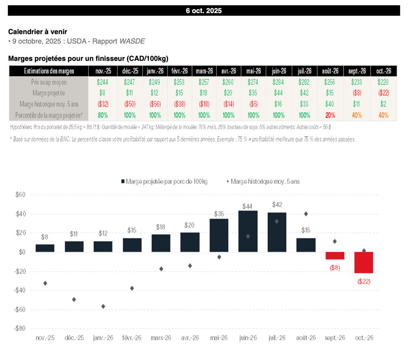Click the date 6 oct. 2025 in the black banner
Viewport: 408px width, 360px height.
(204, 11)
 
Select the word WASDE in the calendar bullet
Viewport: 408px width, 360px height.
(133, 41)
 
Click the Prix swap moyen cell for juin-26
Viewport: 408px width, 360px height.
(278, 82)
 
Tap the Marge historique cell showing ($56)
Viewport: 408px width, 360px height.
(155, 104)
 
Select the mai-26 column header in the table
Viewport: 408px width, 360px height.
(253, 71)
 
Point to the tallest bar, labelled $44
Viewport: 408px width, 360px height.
(248, 231)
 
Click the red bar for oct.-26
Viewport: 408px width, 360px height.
(364, 262)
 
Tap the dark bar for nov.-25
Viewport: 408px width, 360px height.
(45, 248)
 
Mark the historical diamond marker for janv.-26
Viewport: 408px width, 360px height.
(103, 306)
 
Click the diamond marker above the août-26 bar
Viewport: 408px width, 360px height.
(306, 214)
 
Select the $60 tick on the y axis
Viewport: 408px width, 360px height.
(20, 195)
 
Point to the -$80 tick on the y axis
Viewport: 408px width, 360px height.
(19, 329)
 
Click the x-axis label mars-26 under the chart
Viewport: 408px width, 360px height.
(161, 338)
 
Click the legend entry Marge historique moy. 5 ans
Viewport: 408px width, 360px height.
(263, 182)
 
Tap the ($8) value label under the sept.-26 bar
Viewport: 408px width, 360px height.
(335, 268)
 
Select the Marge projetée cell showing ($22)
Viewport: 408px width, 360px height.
(383, 94)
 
